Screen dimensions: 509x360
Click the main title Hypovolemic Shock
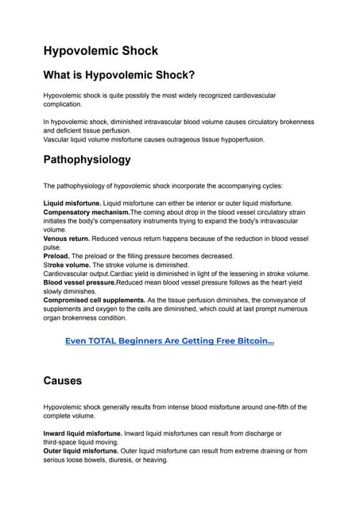[x=100, y=51]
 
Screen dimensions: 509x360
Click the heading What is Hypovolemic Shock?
[x=119, y=76]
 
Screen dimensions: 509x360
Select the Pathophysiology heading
[x=87, y=159]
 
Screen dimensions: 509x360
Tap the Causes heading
[x=63, y=381]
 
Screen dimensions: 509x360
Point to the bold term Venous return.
[x=66, y=238]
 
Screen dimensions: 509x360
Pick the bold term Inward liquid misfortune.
[x=82, y=433]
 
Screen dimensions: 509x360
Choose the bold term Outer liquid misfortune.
[x=80, y=450]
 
